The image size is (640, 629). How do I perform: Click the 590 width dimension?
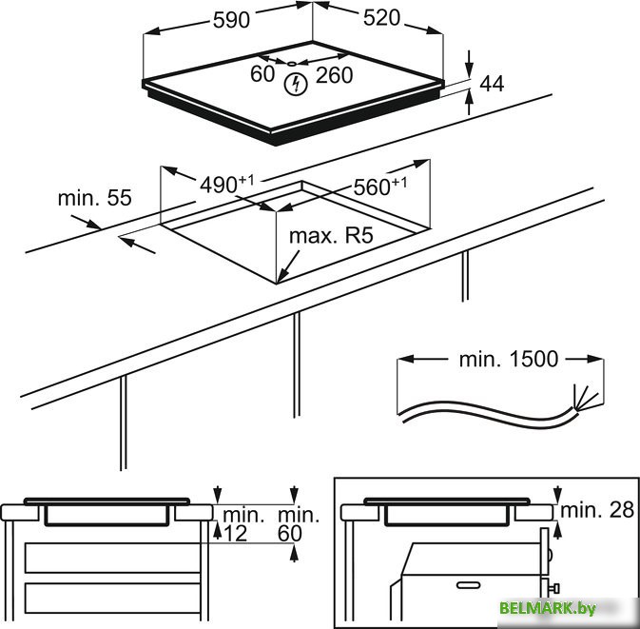[231, 20]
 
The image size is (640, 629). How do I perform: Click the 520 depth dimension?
[381, 18]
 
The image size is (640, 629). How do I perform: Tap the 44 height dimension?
[492, 84]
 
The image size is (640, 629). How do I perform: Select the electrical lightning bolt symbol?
[295, 85]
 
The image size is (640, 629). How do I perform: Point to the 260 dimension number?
[334, 75]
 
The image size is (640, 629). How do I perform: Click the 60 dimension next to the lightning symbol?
[262, 73]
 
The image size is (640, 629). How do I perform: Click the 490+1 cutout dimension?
[226, 184]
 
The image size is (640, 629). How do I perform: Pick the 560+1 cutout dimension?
[380, 187]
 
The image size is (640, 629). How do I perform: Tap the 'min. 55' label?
[95, 198]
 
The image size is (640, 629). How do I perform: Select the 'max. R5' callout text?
[331, 236]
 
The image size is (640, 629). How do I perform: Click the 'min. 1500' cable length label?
[508, 359]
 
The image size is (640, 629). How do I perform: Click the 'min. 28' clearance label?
[597, 510]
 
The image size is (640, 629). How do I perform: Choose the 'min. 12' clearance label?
[242, 524]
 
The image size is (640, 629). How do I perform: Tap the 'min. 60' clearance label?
[298, 524]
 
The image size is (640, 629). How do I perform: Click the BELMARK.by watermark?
[548, 608]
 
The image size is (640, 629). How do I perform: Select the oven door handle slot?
[468, 585]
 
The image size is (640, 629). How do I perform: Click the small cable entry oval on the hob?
[291, 64]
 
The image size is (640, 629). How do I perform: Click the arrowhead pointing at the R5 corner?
[282, 275]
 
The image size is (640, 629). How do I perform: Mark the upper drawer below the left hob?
[112, 558]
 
